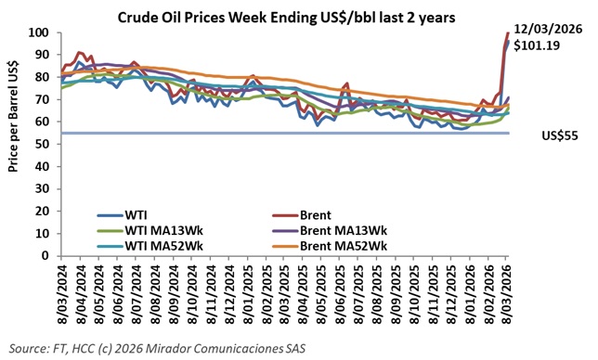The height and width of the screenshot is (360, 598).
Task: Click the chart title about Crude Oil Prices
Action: click(299, 17)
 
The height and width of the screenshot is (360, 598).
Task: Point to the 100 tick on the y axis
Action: click(38, 32)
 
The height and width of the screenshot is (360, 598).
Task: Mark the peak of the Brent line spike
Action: click(507, 32)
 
